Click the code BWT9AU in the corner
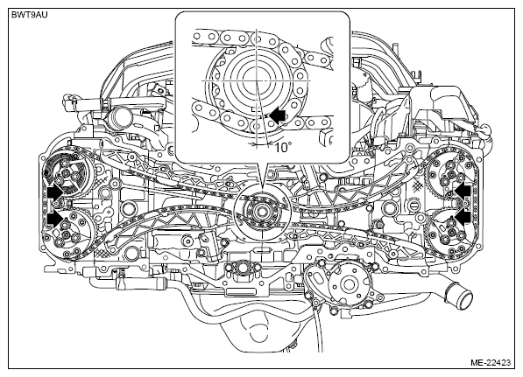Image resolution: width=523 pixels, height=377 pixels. click(x=30, y=15)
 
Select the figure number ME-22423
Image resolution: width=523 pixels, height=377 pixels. click(x=491, y=362)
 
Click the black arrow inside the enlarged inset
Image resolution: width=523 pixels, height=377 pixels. click(x=278, y=115)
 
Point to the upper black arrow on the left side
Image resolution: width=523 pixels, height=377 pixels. click(x=54, y=192)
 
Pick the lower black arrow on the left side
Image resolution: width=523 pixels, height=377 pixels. click(x=54, y=220)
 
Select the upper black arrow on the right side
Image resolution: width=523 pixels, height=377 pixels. click(x=463, y=192)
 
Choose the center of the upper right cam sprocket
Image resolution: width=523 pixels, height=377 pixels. click(x=452, y=173)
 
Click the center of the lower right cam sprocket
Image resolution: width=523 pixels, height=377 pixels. click(x=453, y=232)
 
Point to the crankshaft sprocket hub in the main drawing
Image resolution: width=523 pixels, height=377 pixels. click(x=261, y=211)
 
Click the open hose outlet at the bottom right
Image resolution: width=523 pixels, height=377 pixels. click(x=463, y=296)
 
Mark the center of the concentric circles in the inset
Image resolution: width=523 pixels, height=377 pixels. click(x=256, y=80)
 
